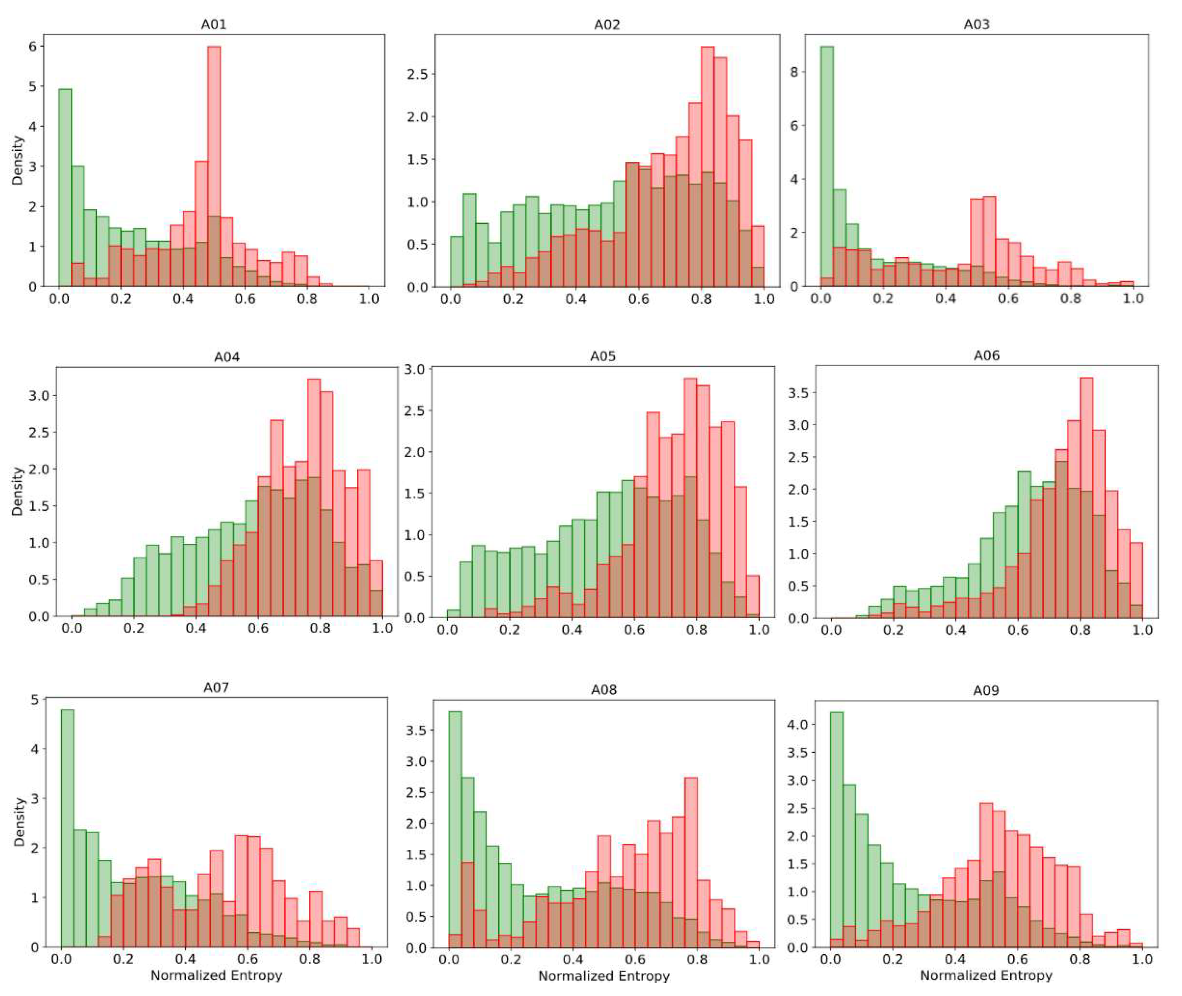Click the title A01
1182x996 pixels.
coord(214,24)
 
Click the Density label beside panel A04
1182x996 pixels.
coord(18,491)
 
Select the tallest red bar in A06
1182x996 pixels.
coord(1086,497)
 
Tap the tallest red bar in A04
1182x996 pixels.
coord(314,497)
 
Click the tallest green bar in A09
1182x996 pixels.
coord(836,830)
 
